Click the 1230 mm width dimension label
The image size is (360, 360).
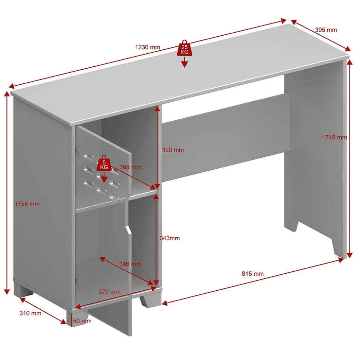pyautogui.click(x=147, y=47)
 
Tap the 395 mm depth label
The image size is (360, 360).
pyautogui.click(x=326, y=30)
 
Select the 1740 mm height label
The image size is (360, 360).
pyautogui.click(x=334, y=138)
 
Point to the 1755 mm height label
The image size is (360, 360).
pyautogui.click(x=27, y=204)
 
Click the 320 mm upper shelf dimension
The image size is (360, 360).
pyautogui.click(x=173, y=150)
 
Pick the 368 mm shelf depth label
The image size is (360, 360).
pyautogui.click(x=130, y=167)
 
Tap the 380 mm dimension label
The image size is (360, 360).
pyautogui.click(x=130, y=264)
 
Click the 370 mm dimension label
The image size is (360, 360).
pyautogui.click(x=109, y=292)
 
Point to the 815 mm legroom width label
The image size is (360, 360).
pyautogui.click(x=252, y=274)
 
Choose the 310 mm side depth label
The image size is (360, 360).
pyautogui.click(x=30, y=313)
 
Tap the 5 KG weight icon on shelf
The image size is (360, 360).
pyautogui.click(x=104, y=164)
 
